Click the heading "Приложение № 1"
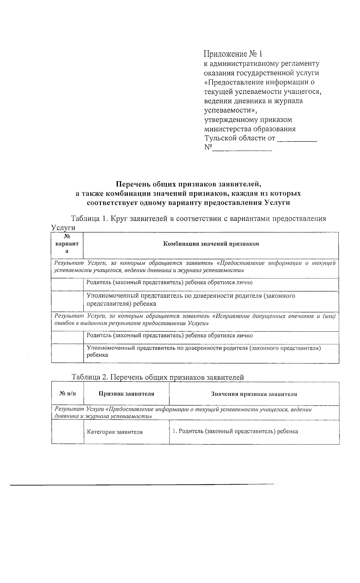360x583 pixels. tap(233, 54)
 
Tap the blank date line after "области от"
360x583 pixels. tap(297, 139)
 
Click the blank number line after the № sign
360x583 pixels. tap(242, 148)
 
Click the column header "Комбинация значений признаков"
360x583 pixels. tap(211, 244)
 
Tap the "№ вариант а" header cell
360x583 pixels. tap(67, 244)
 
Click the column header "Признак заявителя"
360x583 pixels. tap(126, 394)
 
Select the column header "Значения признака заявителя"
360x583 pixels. tap(254, 394)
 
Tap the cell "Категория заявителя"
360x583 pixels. tap(115, 432)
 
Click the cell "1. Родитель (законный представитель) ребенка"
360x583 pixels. tap(235, 431)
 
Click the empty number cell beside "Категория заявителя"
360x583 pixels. tap(67, 432)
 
